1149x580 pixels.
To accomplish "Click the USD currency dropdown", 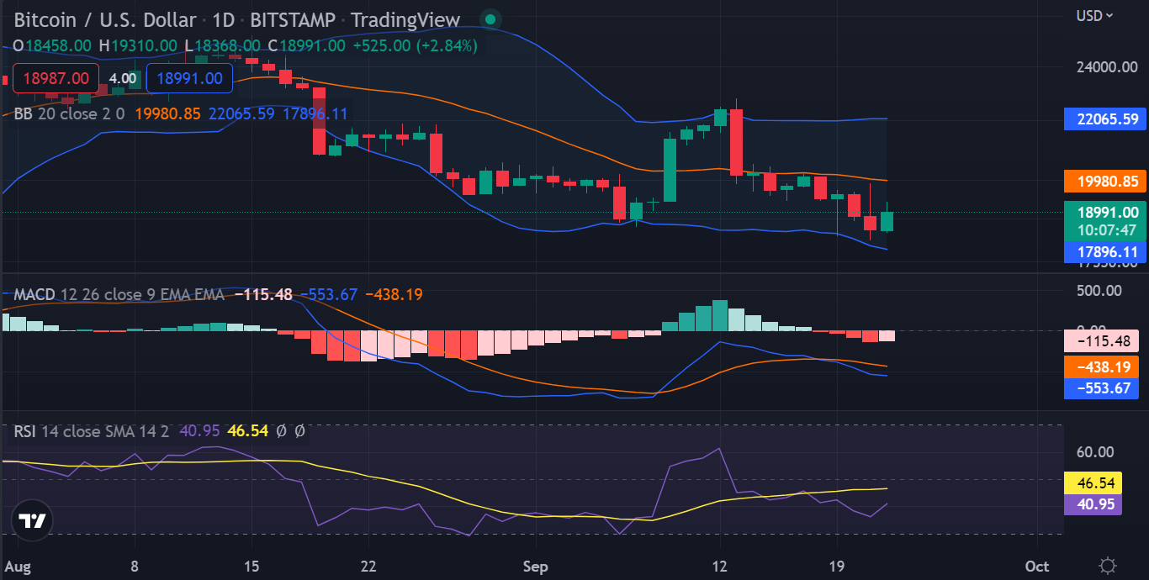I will coord(1095,15).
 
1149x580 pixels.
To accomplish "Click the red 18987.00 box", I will coord(56,78).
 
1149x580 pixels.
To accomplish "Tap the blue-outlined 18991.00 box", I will coord(189,78).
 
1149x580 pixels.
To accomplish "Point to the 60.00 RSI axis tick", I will coord(1095,452).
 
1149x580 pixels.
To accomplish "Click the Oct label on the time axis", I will coord(1037,567).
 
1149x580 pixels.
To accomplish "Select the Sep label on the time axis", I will coord(535,567).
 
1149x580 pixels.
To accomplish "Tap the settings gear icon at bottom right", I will coord(1108,566).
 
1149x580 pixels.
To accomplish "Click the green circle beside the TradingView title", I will coord(490,18).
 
